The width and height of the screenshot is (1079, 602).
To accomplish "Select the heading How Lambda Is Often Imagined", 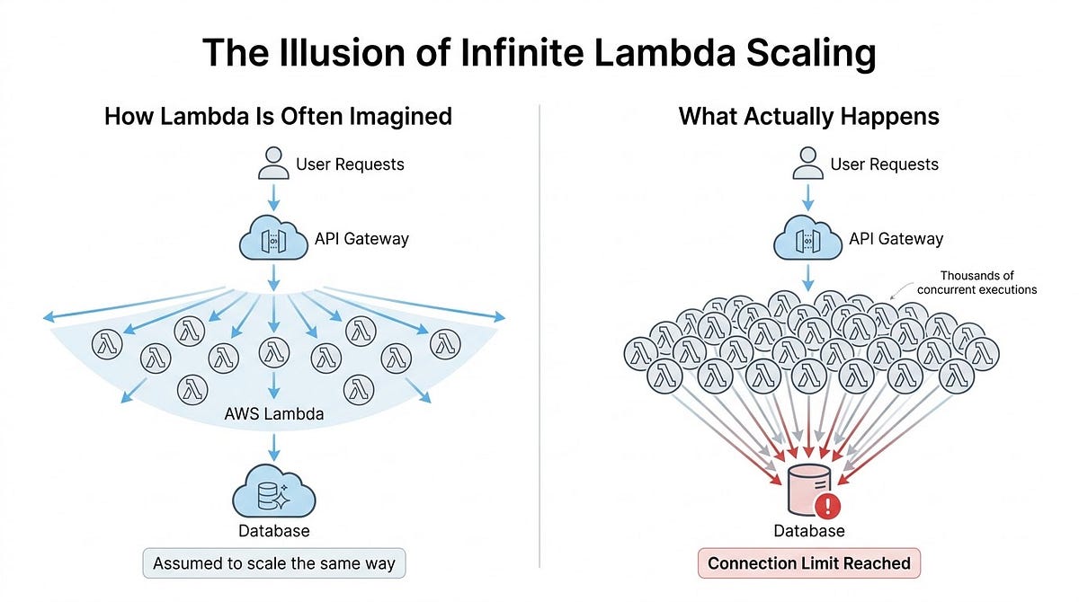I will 278,117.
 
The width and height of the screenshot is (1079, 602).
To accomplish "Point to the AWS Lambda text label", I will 273,415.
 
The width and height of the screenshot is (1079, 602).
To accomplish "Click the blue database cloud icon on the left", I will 273,492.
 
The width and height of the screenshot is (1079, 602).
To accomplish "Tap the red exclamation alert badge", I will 829,504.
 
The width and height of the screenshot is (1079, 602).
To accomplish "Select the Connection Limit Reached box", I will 808,564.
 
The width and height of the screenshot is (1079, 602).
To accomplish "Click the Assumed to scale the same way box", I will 274,564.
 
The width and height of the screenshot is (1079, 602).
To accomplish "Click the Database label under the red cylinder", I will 807,531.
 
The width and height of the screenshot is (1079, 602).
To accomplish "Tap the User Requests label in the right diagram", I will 884,164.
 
